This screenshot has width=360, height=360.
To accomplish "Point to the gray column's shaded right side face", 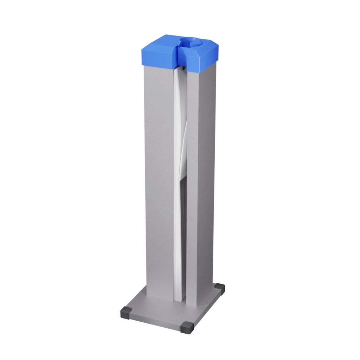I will pyautogui.click(x=206, y=176).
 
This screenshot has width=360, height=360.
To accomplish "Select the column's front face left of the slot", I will pyautogui.click(x=159, y=176).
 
